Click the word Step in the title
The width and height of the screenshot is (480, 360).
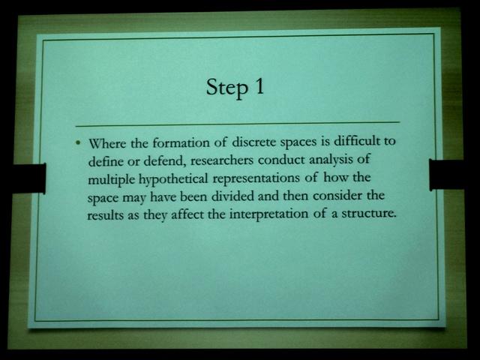tap(226, 88)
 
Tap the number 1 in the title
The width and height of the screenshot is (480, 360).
tap(259, 86)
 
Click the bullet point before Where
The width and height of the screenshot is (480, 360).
tap(79, 142)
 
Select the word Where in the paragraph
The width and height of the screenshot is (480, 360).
tap(107, 143)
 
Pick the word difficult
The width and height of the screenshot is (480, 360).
tap(357, 141)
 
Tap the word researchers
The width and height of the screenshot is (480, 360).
tap(222, 160)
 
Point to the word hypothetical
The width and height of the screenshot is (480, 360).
tap(173, 179)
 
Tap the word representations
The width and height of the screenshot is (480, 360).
tap(256, 178)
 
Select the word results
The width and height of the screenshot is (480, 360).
tap(105, 215)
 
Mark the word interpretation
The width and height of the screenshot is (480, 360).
tap(268, 214)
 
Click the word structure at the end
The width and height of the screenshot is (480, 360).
tap(367, 213)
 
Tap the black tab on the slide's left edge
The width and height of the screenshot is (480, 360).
tap(30, 178)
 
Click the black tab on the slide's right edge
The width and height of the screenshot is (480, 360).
tap(447, 175)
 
